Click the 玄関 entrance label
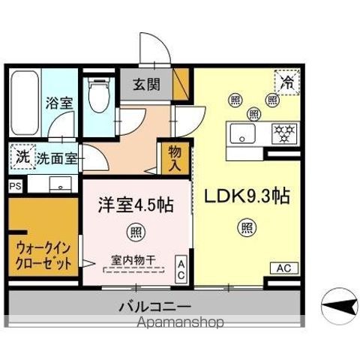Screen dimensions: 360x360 pyautogui.click(x=147, y=85)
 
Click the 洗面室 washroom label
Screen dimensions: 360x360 pyautogui.click(x=56, y=158)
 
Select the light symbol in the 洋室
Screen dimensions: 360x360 pyautogui.click(x=136, y=229)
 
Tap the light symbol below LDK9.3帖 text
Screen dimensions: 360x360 pyautogui.click(x=247, y=227)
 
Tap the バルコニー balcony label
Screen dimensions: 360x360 pyautogui.click(x=154, y=307)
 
